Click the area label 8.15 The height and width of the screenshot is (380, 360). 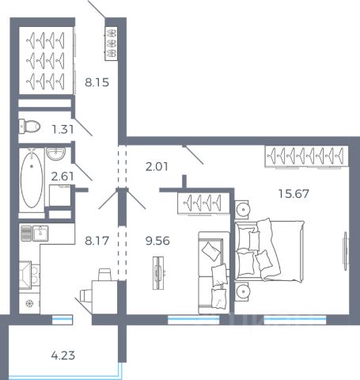tap(97, 82)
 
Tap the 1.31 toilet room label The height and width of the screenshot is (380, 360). tap(63, 129)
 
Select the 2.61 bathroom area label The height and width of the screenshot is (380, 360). tap(63, 177)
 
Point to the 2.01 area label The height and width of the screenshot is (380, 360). tap(157, 167)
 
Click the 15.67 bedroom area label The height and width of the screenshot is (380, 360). tap(294, 194)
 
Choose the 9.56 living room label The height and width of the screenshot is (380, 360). tap(157, 241)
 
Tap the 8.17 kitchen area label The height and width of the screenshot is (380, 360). tap(97, 241)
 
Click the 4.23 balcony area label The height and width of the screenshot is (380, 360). tap(63, 355)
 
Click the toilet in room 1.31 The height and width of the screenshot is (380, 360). tap(29, 127)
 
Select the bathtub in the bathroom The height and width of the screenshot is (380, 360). tap(32, 180)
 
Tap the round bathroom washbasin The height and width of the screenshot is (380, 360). tap(55, 154)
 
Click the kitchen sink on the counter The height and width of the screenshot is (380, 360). tap(40, 234)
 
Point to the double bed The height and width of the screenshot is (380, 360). tap(269, 250)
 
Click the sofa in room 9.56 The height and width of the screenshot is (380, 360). tap(214, 272)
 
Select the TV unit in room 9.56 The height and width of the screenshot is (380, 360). tap(158, 273)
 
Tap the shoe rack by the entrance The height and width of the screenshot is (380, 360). tap(111, 44)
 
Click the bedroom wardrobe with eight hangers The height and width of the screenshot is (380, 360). tap(307, 156)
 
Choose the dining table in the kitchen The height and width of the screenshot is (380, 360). tap(104, 297)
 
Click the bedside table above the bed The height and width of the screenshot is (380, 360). tap(242, 210)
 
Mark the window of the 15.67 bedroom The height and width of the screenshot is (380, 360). tap(295, 320)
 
